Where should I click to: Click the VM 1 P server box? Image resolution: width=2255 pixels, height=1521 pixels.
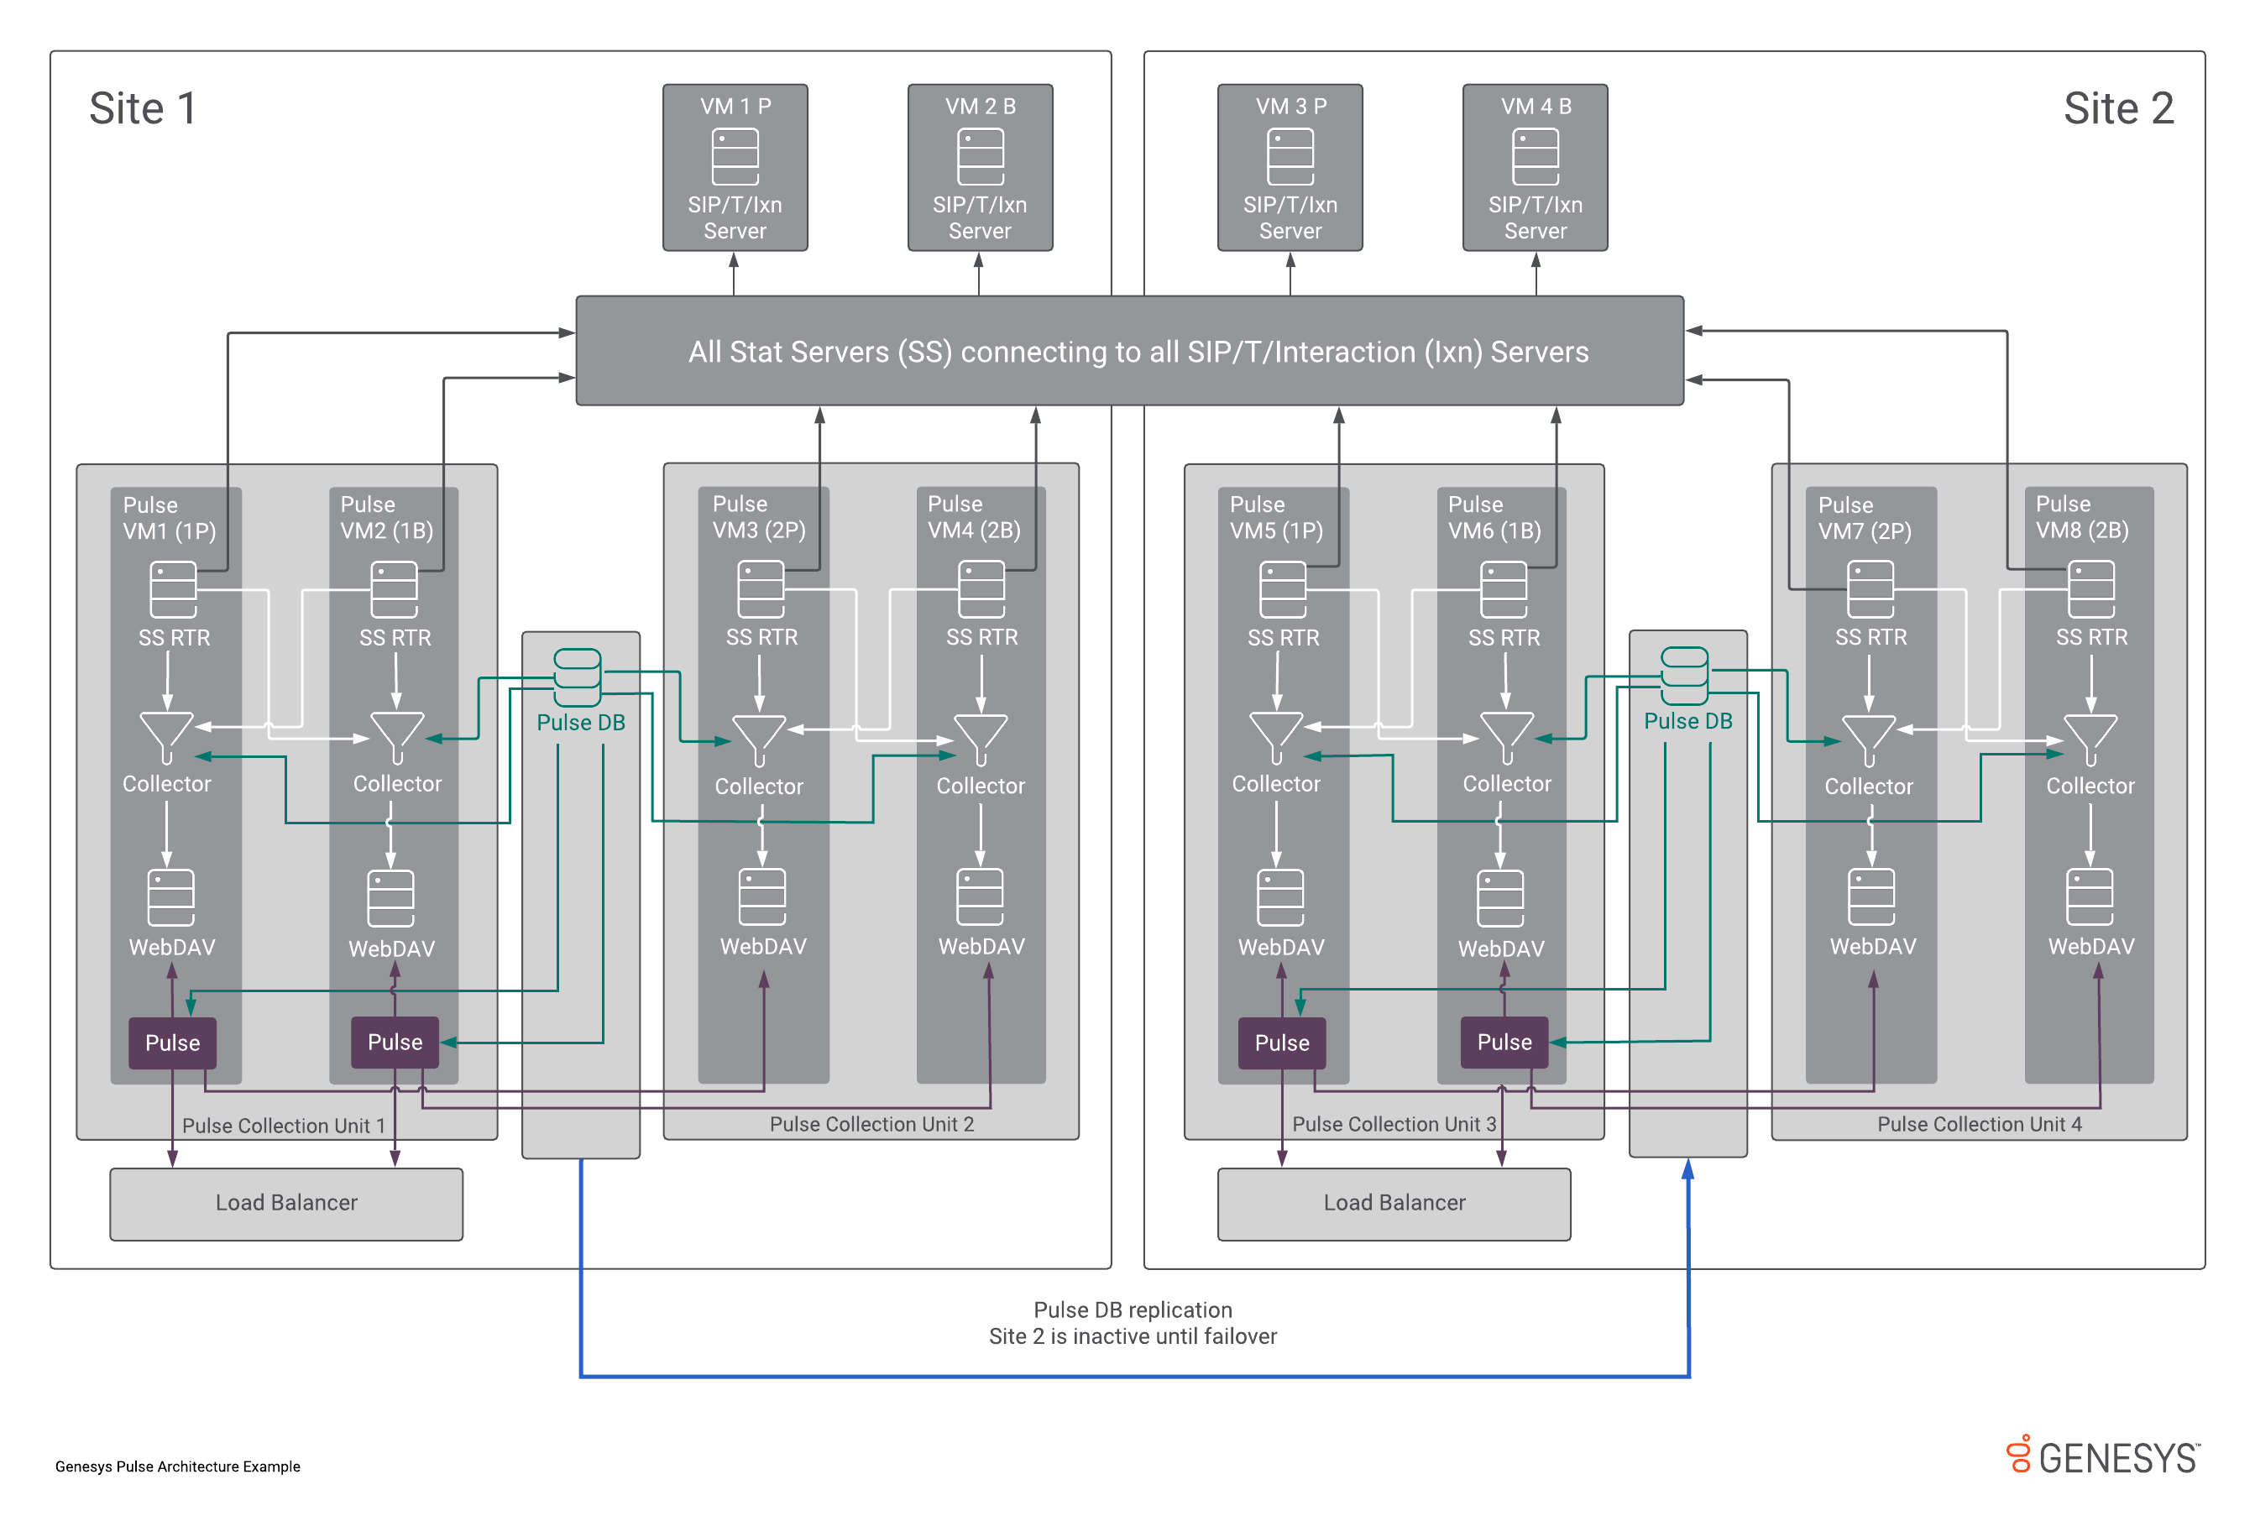(x=735, y=167)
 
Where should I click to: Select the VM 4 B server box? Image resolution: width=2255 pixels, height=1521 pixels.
(x=1535, y=167)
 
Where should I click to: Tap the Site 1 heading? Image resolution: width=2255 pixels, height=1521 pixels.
(x=144, y=107)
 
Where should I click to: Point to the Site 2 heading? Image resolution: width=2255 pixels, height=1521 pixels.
(x=2117, y=107)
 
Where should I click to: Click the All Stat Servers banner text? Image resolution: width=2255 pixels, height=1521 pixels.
(x=1138, y=351)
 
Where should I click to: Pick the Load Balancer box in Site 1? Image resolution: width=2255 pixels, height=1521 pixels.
(x=286, y=1204)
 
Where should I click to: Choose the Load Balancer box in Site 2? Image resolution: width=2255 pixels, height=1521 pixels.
(x=1394, y=1204)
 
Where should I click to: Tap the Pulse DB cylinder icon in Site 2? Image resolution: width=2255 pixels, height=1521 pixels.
(x=1684, y=675)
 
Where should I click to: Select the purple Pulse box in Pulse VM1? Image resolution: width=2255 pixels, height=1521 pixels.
(x=173, y=1043)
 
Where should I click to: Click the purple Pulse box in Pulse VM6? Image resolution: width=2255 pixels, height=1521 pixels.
(x=1504, y=1042)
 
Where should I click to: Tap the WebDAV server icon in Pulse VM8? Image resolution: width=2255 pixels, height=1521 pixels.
(x=2090, y=897)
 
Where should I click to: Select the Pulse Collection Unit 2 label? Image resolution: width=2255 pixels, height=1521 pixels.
(x=871, y=1123)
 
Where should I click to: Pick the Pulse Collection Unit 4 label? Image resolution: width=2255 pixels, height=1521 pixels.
(x=1979, y=1123)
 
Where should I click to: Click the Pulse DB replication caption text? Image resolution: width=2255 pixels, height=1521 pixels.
(x=1132, y=1323)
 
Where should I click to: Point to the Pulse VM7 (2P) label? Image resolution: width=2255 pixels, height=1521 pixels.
(x=1864, y=518)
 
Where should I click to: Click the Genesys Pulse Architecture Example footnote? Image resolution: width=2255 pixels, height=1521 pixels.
(x=177, y=1466)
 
